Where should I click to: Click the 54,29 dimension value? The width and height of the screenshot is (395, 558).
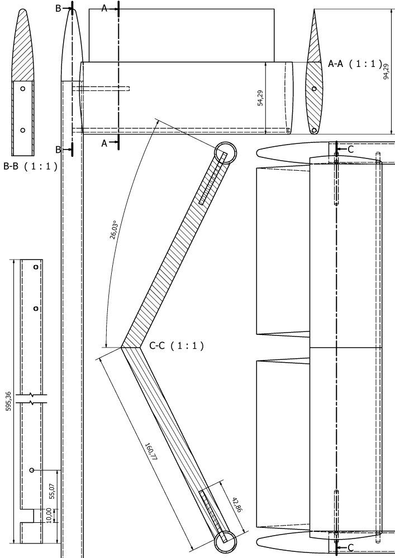pos(260,98)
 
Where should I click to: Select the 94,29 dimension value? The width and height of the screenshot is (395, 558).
pos(386,71)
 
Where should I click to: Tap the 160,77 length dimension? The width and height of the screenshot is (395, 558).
pos(151,452)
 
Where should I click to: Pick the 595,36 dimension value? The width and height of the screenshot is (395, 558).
pos(8,401)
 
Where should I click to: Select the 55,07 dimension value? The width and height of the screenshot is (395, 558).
pos(52,491)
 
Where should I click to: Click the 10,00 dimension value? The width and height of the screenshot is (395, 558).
pos(49,515)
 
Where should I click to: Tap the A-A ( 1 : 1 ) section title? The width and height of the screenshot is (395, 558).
pos(355,64)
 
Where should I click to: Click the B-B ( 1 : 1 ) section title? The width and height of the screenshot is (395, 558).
pos(30,166)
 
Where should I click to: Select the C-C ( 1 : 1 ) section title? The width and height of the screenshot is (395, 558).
pos(177,345)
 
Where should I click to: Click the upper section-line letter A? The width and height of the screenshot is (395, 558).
pos(104,8)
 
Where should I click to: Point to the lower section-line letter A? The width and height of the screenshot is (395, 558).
pos(104,143)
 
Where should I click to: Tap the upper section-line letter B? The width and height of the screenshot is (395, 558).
pos(58,8)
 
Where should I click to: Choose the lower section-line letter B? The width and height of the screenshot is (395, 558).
pos(58,150)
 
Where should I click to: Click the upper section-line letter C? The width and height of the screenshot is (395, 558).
pos(350,150)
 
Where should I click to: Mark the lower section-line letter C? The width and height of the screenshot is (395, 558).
pos(350,547)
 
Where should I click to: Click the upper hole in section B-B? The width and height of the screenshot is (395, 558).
pos(23,89)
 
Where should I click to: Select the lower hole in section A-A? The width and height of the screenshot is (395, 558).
pos(314,130)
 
